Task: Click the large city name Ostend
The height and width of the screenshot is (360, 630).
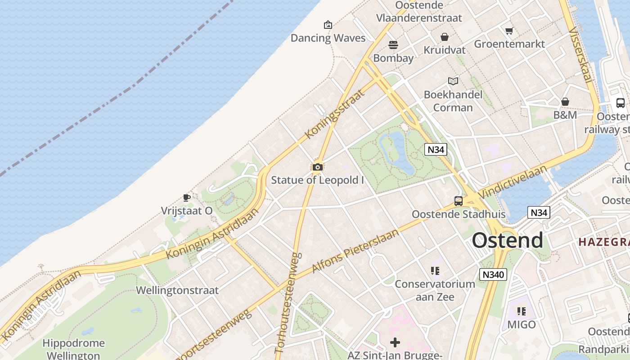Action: pos(507,241)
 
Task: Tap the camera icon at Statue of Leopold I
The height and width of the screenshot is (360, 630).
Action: pos(317,167)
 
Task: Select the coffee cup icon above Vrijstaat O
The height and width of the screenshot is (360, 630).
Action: pos(187,198)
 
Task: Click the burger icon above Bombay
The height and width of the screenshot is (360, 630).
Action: pos(393,45)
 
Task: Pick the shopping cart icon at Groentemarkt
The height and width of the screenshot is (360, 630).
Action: pos(509,31)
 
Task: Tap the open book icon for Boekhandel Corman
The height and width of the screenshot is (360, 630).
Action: pos(453,81)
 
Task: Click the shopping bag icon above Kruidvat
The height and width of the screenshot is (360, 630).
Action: pos(445,37)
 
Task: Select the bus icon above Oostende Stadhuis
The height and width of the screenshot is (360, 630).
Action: pos(459,201)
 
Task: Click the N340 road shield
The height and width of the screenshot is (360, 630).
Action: pos(493,274)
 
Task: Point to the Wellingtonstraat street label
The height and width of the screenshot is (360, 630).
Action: pos(177,290)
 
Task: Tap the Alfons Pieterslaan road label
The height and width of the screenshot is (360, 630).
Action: pos(355,251)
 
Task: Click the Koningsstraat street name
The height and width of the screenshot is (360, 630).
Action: pos(334,114)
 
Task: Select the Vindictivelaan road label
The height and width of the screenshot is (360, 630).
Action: pos(513,182)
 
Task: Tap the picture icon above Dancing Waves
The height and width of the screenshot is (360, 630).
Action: pos(328,25)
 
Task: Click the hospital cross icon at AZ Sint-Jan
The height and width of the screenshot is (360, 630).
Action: pos(395,343)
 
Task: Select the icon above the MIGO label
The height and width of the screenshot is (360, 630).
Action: pos(522,311)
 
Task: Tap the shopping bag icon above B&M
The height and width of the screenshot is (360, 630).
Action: pos(565,102)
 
